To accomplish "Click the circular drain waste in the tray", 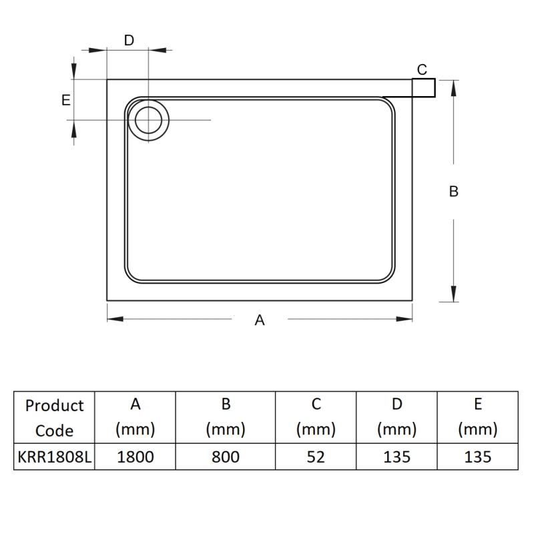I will tap(148, 120).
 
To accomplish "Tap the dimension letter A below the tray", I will tap(260, 320).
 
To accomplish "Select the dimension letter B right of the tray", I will tap(454, 192).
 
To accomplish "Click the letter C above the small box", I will tap(422, 69).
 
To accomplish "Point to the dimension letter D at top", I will tap(129, 40).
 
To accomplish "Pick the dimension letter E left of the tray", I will tap(65, 100).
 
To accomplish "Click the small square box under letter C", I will tap(424, 87).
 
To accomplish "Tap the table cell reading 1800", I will tap(135, 457).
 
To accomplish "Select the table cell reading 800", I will tap(226, 457).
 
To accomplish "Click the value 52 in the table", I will tap(316, 457).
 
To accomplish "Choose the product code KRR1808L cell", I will tap(54, 457).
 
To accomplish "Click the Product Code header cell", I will tap(54, 418).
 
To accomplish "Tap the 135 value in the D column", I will tap(396, 457).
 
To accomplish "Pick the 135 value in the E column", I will tap(477, 457).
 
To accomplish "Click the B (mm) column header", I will tap(226, 418).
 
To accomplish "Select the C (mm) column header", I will tap(316, 418).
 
